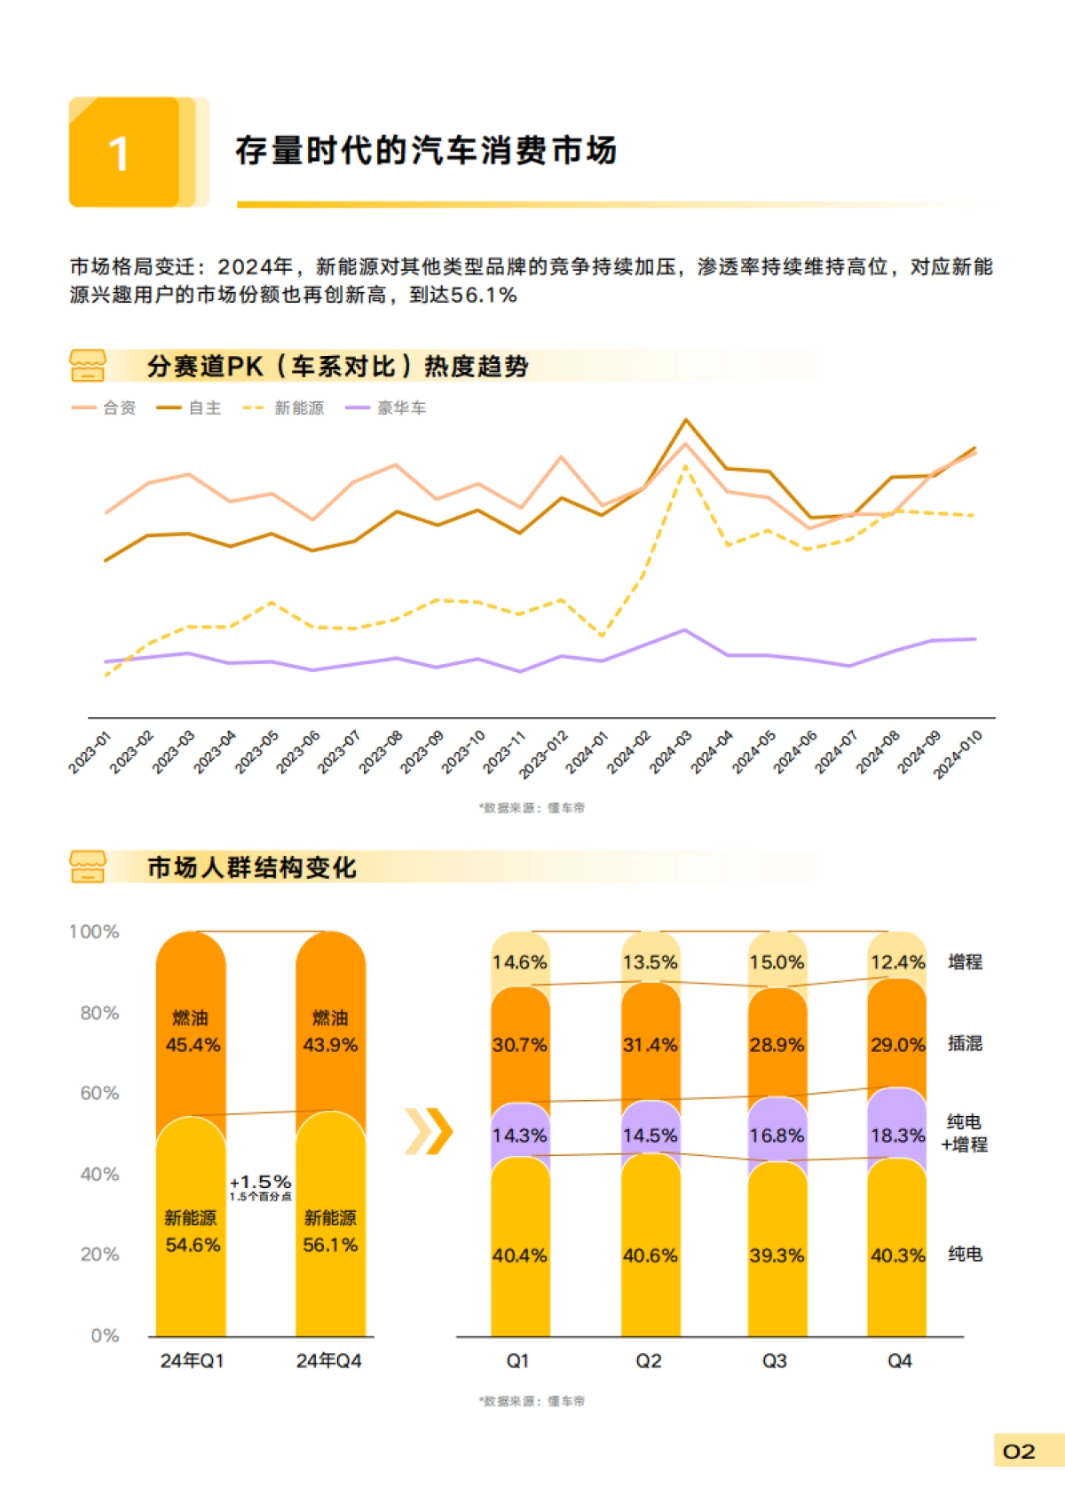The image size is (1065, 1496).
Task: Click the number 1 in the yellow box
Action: point(119,154)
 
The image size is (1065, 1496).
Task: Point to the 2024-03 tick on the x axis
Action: point(671,751)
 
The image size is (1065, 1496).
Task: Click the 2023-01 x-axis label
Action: point(90,751)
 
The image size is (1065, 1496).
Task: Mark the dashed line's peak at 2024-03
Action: point(685,465)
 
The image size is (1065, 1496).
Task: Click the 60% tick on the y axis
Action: point(99,1093)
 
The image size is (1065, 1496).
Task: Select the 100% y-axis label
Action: point(94,931)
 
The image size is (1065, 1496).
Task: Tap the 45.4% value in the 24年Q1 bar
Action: point(193,1045)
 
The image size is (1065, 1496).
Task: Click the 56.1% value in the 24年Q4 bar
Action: point(330,1245)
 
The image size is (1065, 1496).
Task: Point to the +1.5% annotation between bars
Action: point(261,1183)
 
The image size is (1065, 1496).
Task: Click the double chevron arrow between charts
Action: point(429,1131)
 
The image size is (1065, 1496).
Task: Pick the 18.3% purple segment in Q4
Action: point(897,1136)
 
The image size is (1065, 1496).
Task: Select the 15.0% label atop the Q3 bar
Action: point(777,962)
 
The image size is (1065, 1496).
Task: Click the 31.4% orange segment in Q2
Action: point(650,1045)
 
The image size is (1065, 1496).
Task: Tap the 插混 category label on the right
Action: point(965,1043)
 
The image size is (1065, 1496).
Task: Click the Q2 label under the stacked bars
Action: point(649,1361)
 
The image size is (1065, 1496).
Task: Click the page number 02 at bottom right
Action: point(1019,1452)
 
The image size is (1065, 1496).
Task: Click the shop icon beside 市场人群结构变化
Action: point(87,867)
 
